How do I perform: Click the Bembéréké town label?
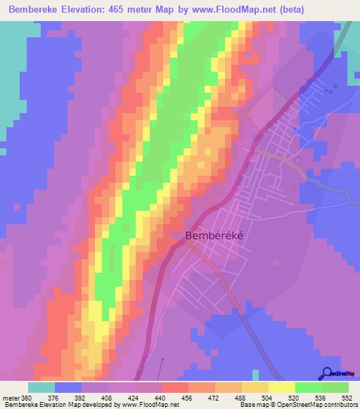pos(214,237)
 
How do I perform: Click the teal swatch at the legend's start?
pos(41,387)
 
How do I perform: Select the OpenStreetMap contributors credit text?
pos(309,404)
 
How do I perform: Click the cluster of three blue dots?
pos(330,89)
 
